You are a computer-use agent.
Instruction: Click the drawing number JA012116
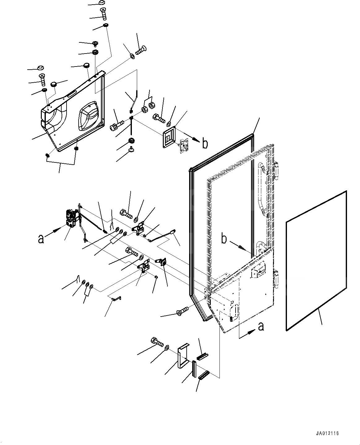point(328,434)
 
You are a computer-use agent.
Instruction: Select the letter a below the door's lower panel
point(261,326)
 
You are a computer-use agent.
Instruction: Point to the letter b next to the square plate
point(205,144)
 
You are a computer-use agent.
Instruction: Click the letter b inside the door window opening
point(224,239)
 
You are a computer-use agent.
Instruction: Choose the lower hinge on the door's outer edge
point(276,276)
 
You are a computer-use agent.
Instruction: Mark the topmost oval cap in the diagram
point(102,3)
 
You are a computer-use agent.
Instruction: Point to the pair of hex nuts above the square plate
point(148,107)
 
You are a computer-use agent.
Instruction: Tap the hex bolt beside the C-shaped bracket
point(157,342)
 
